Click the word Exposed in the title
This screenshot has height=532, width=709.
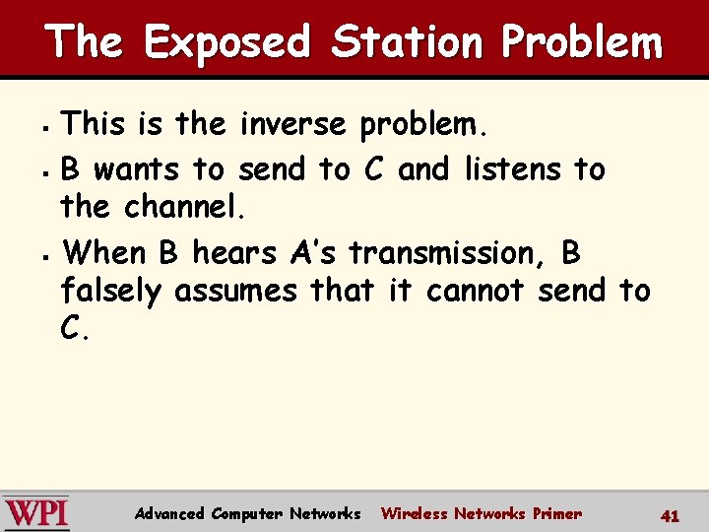(x=226, y=42)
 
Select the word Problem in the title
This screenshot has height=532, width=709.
(x=581, y=42)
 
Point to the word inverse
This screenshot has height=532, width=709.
(x=292, y=124)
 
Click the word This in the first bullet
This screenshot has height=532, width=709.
(x=92, y=124)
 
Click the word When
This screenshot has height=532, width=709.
(x=103, y=253)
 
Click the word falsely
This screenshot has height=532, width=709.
(x=112, y=291)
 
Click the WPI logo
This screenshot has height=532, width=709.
(x=35, y=512)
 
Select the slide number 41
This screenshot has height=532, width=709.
(x=671, y=514)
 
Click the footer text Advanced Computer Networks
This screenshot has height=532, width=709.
(x=247, y=513)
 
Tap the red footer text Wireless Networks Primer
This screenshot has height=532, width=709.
(x=481, y=513)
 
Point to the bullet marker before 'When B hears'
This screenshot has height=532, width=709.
(x=49, y=255)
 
